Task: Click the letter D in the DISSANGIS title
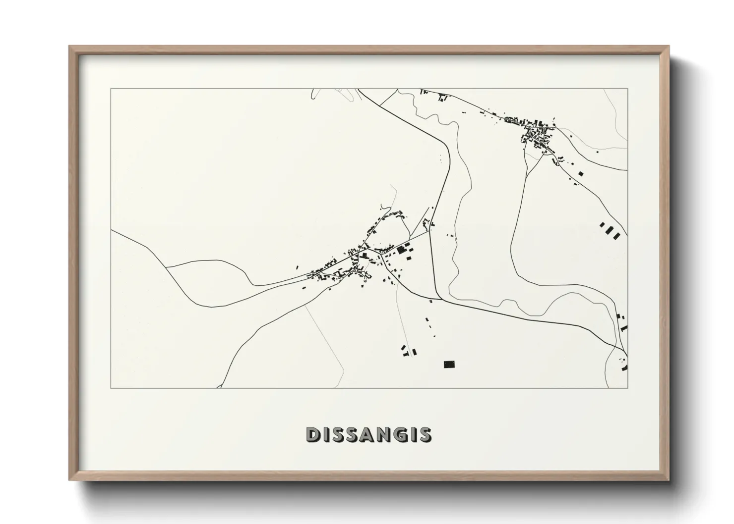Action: point(312,435)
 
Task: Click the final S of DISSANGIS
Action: point(425,435)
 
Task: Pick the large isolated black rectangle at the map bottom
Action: point(449,365)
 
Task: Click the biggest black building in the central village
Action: point(401,250)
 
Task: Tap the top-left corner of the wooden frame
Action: point(70,47)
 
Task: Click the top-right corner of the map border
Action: point(627,89)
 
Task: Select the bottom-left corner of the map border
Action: point(111,388)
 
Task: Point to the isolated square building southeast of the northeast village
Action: point(581,173)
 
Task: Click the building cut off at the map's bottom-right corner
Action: point(625,367)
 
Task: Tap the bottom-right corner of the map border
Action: point(627,388)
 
